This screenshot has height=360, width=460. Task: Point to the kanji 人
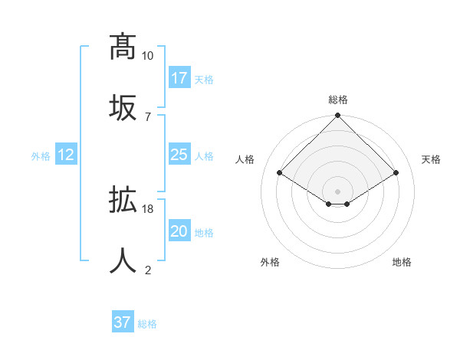[123, 260]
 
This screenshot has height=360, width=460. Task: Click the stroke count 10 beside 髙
[148, 56]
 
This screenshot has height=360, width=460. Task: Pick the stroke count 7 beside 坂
[148, 116]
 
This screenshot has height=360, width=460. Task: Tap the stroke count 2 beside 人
[148, 270]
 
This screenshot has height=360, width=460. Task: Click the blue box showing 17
[179, 77]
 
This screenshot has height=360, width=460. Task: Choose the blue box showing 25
[179, 155]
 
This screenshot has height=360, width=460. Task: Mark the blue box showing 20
[179, 231]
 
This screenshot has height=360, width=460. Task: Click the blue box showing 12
[66, 155]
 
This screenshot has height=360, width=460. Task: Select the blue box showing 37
[123, 322]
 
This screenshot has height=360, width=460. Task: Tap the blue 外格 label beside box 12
[41, 156]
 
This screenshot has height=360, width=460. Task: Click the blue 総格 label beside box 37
[147, 324]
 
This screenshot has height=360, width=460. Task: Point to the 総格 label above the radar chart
[337, 100]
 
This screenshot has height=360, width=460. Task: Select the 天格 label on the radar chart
[431, 159]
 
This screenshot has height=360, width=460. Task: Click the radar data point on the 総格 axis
[337, 116]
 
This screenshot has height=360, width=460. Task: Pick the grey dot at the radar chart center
[337, 191]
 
